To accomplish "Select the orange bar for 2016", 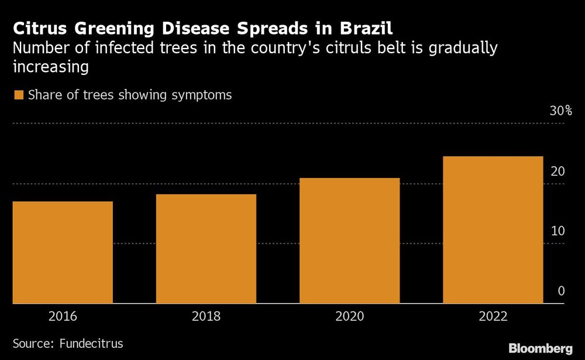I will point(63,252).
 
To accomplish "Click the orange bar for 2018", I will point(206,249).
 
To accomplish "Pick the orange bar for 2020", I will point(349,241).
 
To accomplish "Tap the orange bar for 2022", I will point(493,229).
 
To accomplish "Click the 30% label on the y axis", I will point(560,111).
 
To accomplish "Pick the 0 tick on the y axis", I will point(561,291).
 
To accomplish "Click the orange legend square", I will point(18,95).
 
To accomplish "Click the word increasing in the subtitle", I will point(51,67).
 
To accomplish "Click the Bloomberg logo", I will point(540,348).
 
